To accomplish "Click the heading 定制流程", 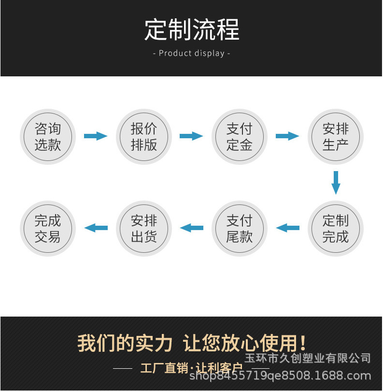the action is click(192, 30).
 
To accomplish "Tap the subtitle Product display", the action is click(192, 53).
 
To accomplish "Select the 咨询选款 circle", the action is click(47, 136).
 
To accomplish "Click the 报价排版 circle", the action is click(143, 136).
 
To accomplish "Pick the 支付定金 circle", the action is click(240, 136).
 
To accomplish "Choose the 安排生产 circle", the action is click(335, 136).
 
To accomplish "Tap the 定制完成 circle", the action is click(335, 229).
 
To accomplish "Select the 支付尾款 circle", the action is click(240, 229).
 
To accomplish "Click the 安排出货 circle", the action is click(143, 229).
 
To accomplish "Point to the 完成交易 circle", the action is click(47, 229).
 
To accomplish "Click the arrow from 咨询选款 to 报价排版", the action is click(96, 136).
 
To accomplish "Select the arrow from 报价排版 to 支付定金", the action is click(191, 136).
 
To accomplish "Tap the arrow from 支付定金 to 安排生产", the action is click(287, 136).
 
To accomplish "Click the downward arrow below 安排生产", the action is click(336, 182).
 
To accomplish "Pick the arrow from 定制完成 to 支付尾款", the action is click(287, 228).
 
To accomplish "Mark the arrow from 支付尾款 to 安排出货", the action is click(191, 228).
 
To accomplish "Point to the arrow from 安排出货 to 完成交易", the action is click(96, 228).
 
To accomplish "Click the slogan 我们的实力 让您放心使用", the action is click(192, 343).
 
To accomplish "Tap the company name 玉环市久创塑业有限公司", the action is click(307, 358).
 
